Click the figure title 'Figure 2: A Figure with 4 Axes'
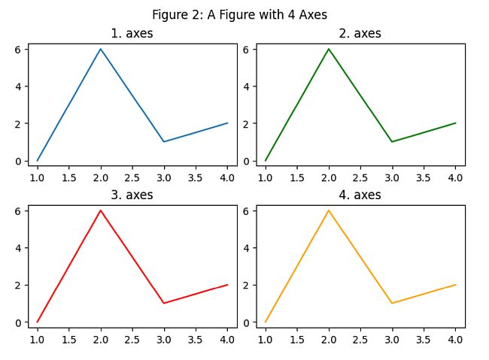[239, 14]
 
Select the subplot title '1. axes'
[132, 34]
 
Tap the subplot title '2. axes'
[360, 34]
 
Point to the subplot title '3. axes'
[132, 195]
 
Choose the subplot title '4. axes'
[360, 195]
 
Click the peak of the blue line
[100, 49]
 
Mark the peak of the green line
[329, 49]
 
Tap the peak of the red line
[100, 210]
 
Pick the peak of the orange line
[329, 210]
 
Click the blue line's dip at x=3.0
[164, 141]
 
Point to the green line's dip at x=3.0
[392, 141]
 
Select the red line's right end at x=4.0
[227, 285]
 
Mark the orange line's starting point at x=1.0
[265, 322]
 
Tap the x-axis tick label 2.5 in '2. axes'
[360, 177]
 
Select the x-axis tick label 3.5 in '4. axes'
[424, 339]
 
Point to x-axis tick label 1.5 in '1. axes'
[68, 177]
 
